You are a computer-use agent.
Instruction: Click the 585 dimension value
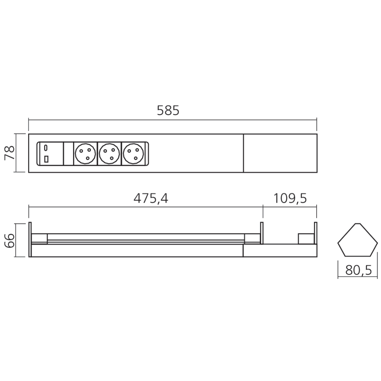(x=168, y=111)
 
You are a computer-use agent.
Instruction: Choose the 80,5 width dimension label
(x=358, y=271)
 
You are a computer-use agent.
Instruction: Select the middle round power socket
(x=109, y=154)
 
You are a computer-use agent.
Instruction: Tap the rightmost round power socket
(x=133, y=154)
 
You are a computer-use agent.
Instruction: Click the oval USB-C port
(x=46, y=147)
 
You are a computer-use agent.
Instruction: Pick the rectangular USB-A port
(x=46, y=159)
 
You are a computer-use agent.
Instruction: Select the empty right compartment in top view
(x=280, y=153)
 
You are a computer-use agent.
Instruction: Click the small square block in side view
(x=306, y=239)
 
